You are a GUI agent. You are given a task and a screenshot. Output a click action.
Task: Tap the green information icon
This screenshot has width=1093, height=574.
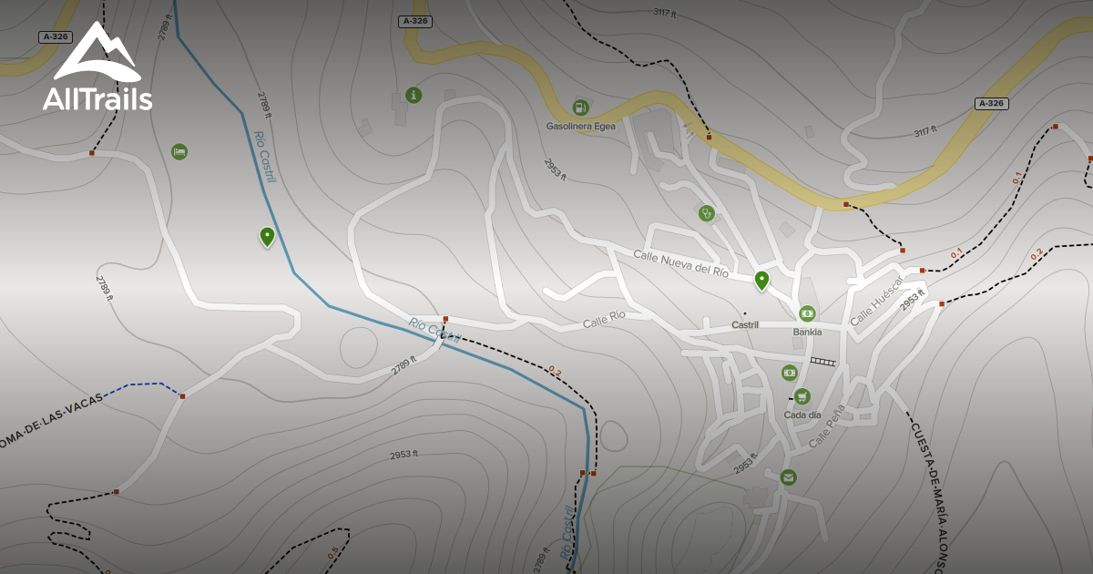414,95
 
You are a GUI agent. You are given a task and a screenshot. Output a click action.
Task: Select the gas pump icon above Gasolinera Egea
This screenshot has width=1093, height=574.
580,108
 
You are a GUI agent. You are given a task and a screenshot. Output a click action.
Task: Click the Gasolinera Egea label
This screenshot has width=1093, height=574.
580,126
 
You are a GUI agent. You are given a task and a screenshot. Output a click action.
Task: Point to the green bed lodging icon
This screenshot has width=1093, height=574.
179,151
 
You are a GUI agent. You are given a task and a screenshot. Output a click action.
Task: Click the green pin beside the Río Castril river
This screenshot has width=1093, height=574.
267,237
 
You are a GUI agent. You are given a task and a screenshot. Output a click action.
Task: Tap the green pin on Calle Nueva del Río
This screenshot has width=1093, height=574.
761,280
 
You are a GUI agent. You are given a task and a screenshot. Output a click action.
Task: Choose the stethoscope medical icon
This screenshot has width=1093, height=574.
706,213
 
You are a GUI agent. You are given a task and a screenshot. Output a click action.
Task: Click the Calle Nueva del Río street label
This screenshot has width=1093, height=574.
680,264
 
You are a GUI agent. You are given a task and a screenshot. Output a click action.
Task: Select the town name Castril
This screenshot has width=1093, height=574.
744,325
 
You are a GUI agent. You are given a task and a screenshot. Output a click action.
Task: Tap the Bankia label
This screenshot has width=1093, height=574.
807,332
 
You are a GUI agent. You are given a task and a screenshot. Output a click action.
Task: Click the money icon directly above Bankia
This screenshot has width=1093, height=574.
807,313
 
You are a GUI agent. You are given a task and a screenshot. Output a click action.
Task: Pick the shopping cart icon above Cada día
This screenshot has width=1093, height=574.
802,396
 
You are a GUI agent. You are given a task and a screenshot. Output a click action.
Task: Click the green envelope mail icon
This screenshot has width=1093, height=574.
788,477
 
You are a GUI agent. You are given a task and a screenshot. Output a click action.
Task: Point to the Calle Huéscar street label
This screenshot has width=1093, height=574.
875,302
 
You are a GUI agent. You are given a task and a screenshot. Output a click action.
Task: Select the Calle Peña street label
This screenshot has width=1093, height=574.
827,426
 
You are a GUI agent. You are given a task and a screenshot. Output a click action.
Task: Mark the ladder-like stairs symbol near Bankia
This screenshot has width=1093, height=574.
822,362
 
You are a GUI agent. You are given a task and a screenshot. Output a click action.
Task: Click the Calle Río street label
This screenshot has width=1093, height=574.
604,320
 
